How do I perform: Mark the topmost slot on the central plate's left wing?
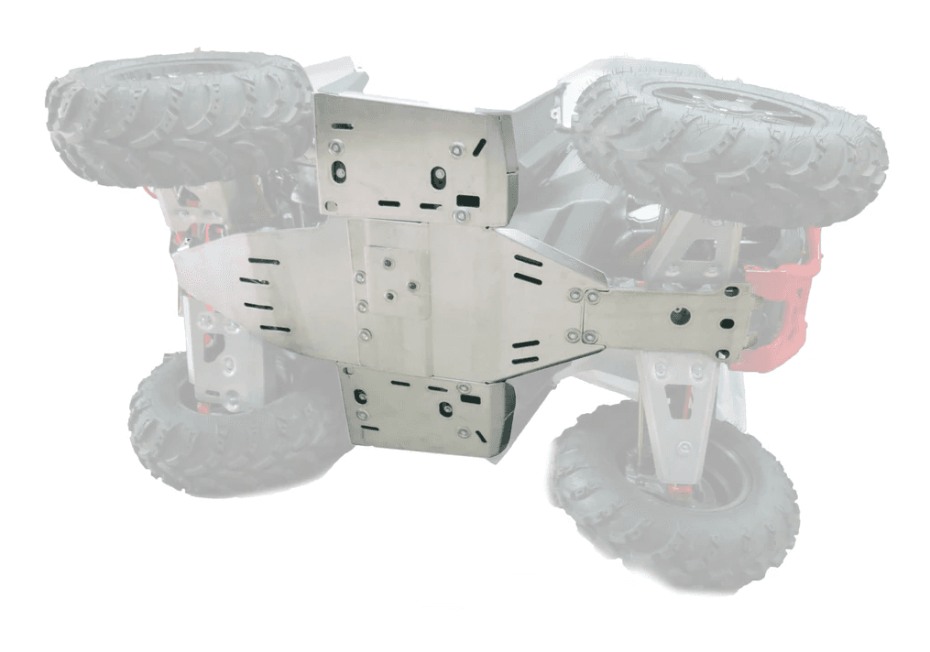coord(262,262)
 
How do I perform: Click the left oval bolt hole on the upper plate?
coord(339,170)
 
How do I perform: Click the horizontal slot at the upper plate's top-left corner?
coord(342,125)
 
